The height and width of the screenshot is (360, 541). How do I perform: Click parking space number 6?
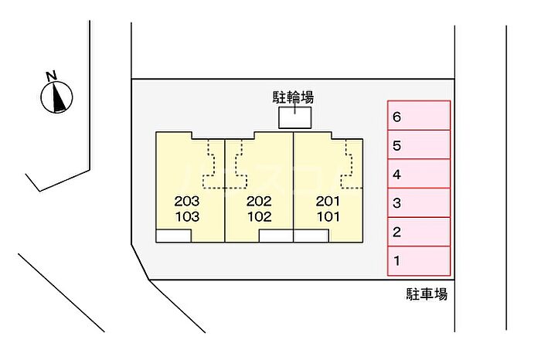[419, 116]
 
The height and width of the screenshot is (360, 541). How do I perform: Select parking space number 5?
[419, 144]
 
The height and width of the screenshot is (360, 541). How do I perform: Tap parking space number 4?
[419, 174]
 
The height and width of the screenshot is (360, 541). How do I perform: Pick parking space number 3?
[419, 202]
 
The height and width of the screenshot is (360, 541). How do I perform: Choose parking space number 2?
[419, 232]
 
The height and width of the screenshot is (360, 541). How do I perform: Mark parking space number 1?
[419, 261]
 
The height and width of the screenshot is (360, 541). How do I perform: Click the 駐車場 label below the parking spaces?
[427, 294]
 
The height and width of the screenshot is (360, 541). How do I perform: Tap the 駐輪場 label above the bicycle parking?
[293, 97]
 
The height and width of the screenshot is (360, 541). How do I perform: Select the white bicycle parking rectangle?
[295, 117]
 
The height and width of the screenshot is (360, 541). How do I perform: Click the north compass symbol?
[56, 97]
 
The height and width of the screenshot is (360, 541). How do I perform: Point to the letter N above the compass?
[52, 76]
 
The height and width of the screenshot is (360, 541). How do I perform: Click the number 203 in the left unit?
[187, 201]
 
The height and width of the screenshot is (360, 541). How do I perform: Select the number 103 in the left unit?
[187, 216]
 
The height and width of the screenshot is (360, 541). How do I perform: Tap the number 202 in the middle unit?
[259, 201]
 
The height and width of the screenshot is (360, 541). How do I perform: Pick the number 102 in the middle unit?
[260, 216]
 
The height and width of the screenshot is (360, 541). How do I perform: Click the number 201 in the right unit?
[328, 201]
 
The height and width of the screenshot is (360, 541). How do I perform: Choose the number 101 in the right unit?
[328, 216]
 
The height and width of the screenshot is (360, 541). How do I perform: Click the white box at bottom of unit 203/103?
[174, 236]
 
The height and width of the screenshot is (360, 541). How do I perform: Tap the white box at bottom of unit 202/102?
[276, 236]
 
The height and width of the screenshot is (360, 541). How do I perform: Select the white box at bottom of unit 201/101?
[311, 236]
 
